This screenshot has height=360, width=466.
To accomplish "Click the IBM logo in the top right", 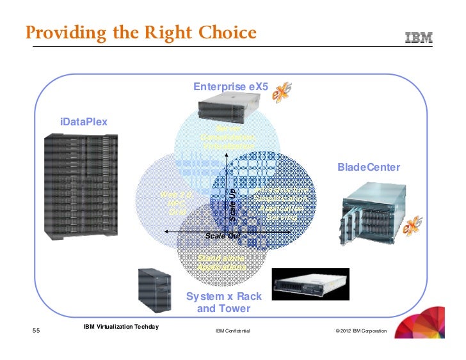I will point(419,38).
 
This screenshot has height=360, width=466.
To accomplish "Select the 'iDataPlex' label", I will point(84,121).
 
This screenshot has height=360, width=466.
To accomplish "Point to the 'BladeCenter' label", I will point(369,168).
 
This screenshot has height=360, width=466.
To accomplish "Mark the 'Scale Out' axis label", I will point(223,236).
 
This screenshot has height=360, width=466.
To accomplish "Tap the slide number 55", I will point(36,331).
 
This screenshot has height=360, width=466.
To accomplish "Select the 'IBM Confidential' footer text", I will point(232,331).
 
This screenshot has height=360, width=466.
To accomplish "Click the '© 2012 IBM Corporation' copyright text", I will point(361,331).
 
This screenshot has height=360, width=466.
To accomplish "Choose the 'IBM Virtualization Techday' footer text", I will point(121,327).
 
